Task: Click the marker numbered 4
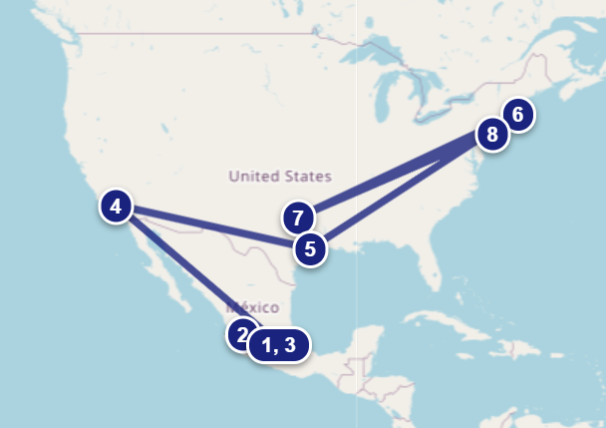coord(117,208)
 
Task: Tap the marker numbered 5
coord(310,248)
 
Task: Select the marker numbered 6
coord(517,115)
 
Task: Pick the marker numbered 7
coord(297,216)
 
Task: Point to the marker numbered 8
coord(491,134)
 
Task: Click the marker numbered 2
coord(240,334)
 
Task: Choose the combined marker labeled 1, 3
coord(279,345)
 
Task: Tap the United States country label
coord(279,177)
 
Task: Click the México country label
coord(251,307)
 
